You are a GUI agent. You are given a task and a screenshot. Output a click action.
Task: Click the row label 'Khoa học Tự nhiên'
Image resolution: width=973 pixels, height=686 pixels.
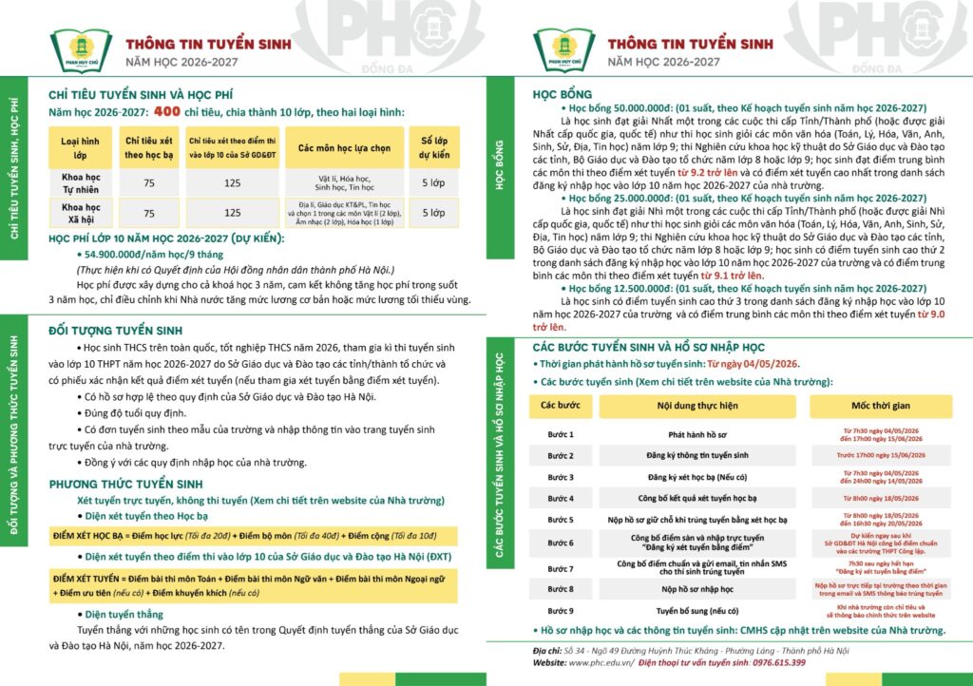[x=81, y=182]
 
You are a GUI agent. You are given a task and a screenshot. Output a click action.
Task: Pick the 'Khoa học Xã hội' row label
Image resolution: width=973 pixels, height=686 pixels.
[x=81, y=213]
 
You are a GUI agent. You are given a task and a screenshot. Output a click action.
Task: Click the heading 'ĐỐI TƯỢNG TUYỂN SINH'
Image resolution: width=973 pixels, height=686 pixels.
[x=115, y=331]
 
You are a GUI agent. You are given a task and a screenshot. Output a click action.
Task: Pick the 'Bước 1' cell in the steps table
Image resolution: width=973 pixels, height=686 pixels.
[x=562, y=434]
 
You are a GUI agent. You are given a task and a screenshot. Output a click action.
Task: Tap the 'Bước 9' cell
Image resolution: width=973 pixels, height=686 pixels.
[x=562, y=611]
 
